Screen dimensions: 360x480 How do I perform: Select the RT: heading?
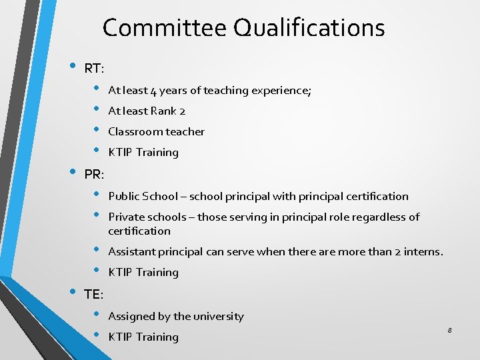coord(93,68)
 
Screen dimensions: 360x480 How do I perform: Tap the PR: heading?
coord(94,175)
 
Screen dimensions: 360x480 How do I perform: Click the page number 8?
coord(450,331)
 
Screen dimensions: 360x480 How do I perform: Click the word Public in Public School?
coord(123,197)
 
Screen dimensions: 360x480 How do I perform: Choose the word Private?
coord(125,217)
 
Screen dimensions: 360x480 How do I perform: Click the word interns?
coord(424,252)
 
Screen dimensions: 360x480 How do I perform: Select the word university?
coord(219,317)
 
